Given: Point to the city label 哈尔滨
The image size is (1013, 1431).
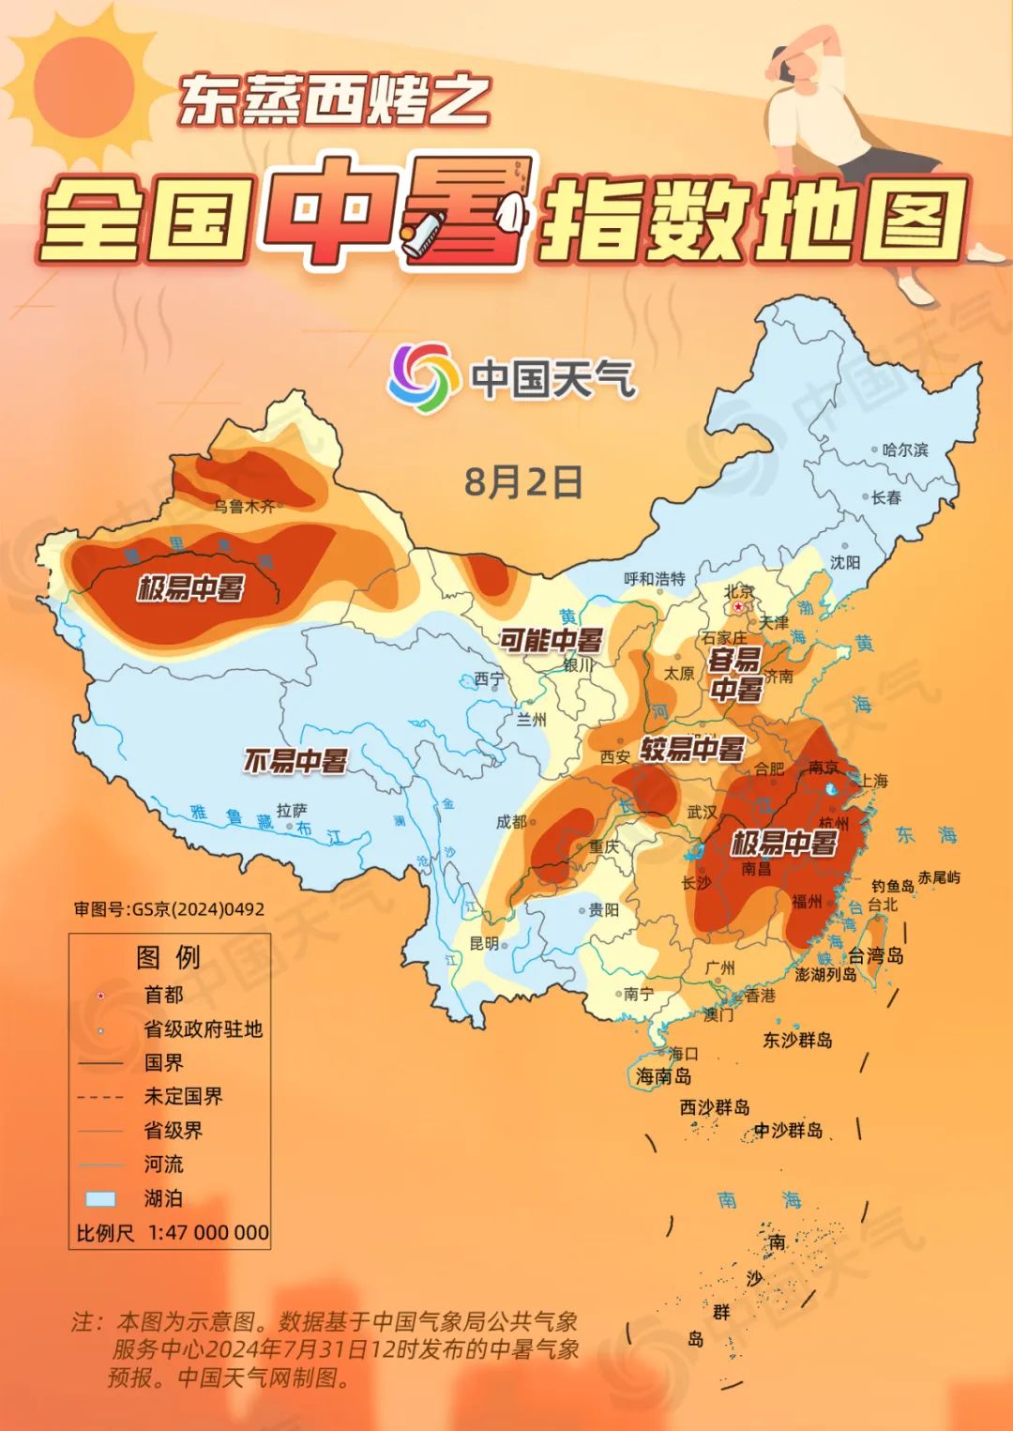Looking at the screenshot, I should (904, 449).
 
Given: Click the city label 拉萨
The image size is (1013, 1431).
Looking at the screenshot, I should (291, 809).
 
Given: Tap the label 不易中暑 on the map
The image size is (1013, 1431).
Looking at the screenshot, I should (295, 760).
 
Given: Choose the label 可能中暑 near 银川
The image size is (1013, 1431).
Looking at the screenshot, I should (551, 641).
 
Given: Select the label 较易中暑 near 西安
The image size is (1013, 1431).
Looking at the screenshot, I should (692, 749).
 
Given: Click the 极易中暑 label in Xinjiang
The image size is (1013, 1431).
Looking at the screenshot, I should (190, 588).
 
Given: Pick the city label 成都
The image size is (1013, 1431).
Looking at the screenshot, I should (511, 821).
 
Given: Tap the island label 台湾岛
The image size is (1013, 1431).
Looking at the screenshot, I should (875, 955).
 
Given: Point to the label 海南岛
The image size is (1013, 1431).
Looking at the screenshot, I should (663, 1076).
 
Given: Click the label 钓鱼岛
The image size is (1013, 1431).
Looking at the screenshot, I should (892, 886).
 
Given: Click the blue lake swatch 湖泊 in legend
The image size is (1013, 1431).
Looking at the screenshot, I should (100, 1198).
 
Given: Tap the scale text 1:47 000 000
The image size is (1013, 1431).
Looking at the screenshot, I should (208, 1232).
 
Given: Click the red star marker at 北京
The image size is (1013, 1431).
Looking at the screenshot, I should (739, 607).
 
